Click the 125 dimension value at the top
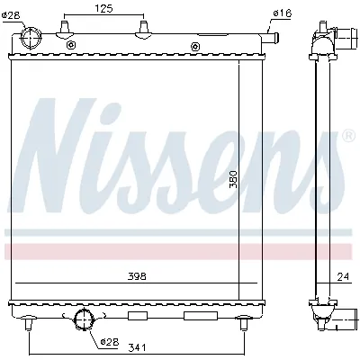tap(104, 9)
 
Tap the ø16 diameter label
tap(282, 13)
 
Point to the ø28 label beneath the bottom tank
tap(109, 342)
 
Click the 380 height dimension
tap(232, 181)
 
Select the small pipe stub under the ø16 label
tap(273, 37)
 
